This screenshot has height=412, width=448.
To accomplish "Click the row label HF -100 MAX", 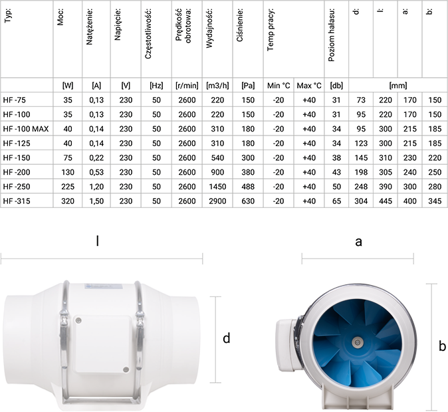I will pos(26,128).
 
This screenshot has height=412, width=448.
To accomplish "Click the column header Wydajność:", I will pos(209,23).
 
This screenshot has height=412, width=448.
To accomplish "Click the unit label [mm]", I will pos(397,86).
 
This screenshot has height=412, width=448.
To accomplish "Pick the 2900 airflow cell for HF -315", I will pos(217,200).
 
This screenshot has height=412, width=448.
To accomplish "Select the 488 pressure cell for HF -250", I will pos(248,185).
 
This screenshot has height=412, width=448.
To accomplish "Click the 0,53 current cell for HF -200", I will pos(96,171).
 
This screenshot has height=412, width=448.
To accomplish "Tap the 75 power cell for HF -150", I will pos(67,157).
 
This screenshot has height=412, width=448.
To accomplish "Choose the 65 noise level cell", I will pos(336,200).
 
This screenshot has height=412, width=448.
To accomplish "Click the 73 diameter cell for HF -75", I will pos(362,100).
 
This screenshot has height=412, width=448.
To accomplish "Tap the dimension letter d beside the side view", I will pos(227,339).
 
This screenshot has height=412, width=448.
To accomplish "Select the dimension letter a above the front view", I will pos(358,242).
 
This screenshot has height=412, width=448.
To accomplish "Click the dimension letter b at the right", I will pos(442,346).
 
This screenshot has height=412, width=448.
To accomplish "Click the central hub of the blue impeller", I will pos(357,343).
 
